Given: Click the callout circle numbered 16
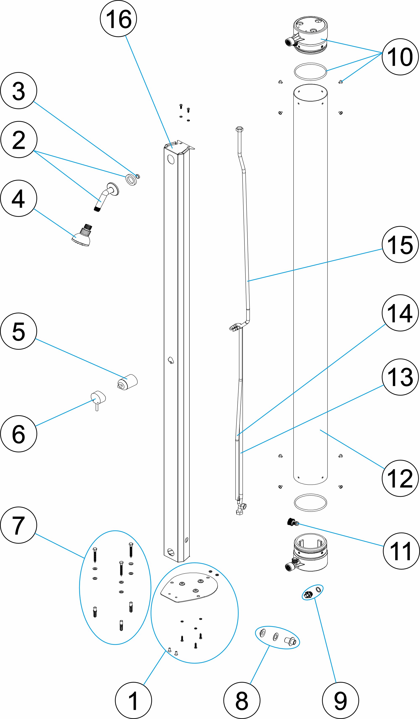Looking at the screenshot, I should point(118,18).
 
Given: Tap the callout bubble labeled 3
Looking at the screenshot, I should point(18,91).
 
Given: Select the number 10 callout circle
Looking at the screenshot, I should point(400,57).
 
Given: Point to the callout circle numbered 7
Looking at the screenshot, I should point(18,525).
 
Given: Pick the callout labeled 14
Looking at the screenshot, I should point(400,313).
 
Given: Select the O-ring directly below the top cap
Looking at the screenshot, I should point(310,72).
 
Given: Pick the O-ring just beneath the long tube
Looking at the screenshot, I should point(310,503).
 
